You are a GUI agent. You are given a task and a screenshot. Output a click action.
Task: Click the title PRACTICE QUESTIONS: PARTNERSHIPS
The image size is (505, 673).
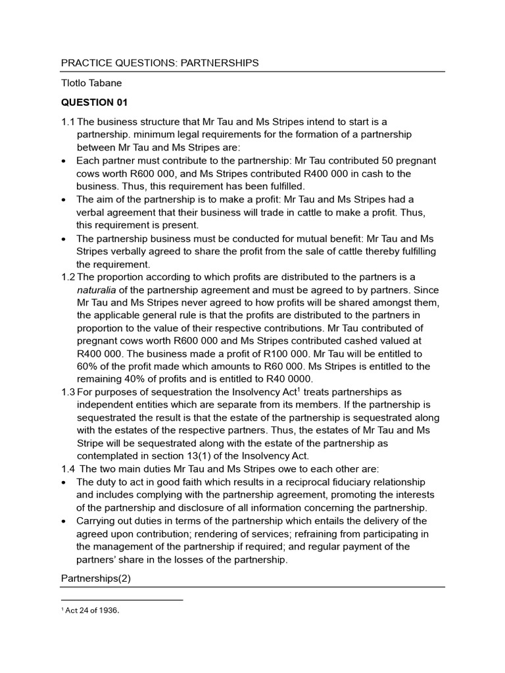pos(160,63)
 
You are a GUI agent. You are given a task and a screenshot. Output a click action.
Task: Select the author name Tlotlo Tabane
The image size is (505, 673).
pos(93,83)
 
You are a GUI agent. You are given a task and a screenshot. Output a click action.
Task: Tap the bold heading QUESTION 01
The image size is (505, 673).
pos(94,103)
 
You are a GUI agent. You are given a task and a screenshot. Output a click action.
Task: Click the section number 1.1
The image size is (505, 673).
pos(68,122)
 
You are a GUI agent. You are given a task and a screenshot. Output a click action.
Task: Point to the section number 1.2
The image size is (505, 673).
pos(68,277)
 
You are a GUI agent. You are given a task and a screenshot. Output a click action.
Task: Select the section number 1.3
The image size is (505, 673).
pos(68,392)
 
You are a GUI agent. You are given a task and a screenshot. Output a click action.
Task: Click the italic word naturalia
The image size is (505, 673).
pos(99,290)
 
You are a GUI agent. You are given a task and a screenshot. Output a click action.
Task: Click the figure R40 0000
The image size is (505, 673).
pos(288,379)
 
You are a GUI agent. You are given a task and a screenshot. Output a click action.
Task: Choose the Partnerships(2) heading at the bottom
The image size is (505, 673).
pos(96,578)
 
